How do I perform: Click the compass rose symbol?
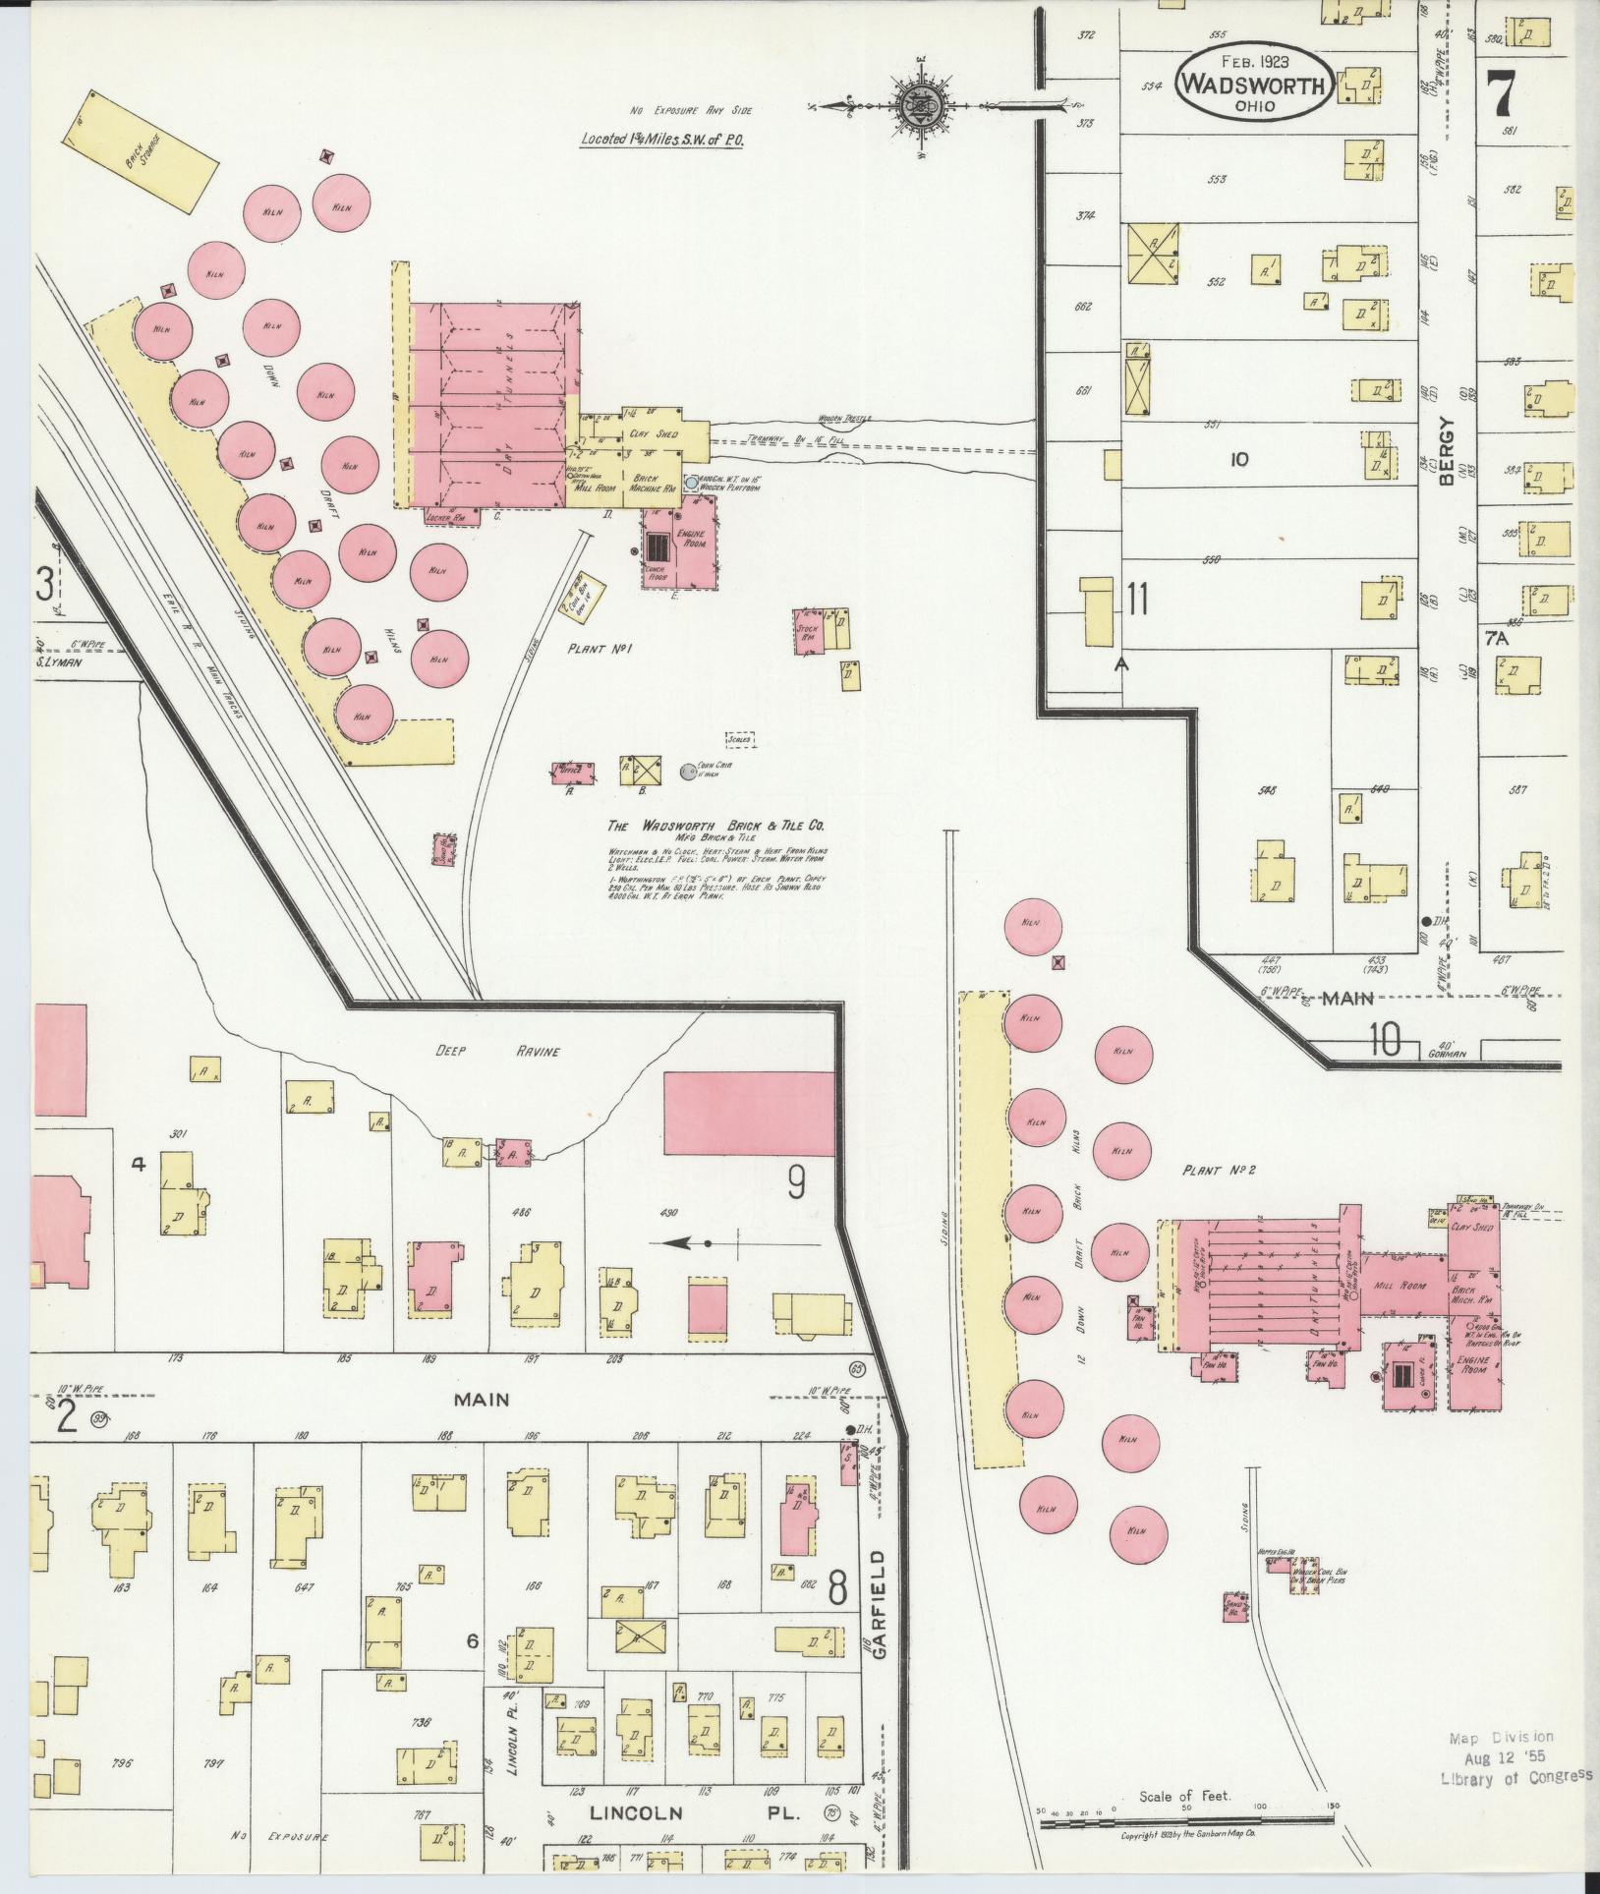coord(922,101)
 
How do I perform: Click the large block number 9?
coord(796,1183)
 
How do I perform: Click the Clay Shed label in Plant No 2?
coord(1471,1228)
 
